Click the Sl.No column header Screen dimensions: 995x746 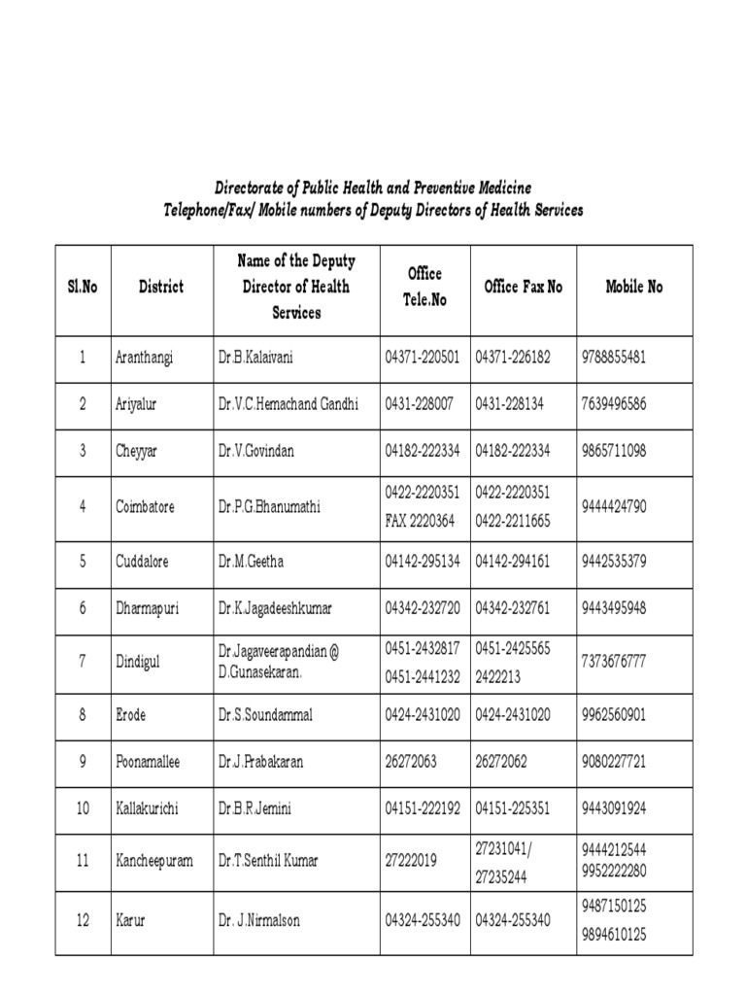[84, 288]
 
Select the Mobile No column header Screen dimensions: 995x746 [633, 287]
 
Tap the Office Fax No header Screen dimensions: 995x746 [523, 287]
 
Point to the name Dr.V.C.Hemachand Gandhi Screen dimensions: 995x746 [288, 404]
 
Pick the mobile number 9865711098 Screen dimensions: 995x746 [613, 451]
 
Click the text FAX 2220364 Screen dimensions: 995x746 [420, 521]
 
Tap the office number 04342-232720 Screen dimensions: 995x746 [423, 608]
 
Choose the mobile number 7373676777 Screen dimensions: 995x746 [614, 661]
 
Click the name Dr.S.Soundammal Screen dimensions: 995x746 [262, 714]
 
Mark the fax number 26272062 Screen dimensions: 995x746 [501, 762]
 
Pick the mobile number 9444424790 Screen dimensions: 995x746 [613, 506]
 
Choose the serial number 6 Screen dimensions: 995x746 [83, 608]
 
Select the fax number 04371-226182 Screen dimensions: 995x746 [513, 358]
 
